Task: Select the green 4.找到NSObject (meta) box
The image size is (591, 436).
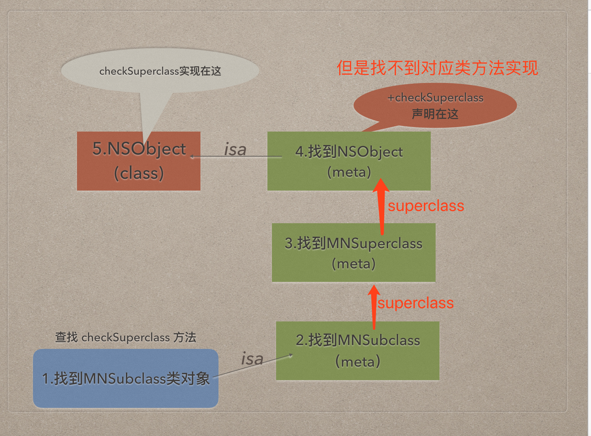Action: coord(349,161)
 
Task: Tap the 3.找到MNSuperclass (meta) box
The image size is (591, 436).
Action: coord(353,252)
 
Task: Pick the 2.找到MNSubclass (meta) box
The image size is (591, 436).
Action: coord(358,351)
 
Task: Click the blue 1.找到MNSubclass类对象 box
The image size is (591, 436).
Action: coord(126,378)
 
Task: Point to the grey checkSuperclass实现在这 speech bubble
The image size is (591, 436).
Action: coord(160,71)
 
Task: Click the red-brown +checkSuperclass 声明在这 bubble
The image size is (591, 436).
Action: coord(435,105)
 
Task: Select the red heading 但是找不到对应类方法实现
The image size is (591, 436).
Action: coord(437,68)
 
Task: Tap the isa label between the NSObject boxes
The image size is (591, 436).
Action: coord(235,150)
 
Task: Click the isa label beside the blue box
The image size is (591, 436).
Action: coord(252,359)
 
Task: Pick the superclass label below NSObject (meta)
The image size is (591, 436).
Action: coord(426,206)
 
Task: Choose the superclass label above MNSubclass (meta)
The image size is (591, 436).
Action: coord(416,303)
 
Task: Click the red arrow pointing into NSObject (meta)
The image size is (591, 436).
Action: coord(382,207)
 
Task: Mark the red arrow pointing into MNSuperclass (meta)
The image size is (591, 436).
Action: coord(374,307)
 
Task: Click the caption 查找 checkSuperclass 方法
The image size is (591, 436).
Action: coord(126,337)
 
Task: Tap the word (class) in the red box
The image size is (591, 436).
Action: coord(139,173)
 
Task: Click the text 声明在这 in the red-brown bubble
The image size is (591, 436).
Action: coord(435,114)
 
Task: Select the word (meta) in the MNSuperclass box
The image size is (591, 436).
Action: coord(353,264)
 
